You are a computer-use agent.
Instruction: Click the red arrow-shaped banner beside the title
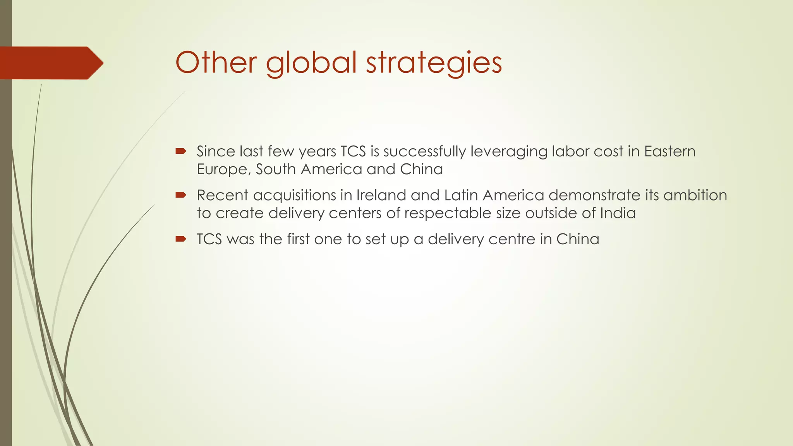point(50,63)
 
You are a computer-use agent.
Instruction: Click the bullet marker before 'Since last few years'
point(181,151)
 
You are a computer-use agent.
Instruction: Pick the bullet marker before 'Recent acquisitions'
point(181,195)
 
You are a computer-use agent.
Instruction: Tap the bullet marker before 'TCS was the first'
point(181,239)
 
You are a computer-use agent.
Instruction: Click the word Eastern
point(670,151)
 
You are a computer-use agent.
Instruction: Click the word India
point(618,213)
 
